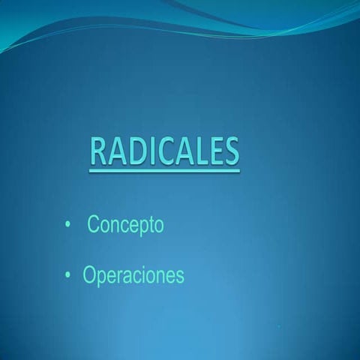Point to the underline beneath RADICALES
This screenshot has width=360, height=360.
click(x=164, y=170)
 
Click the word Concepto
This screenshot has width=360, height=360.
click(x=125, y=225)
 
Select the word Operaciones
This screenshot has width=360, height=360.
click(x=133, y=276)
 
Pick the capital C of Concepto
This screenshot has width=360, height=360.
click(x=93, y=224)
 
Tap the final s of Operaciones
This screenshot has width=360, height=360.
click(x=179, y=277)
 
